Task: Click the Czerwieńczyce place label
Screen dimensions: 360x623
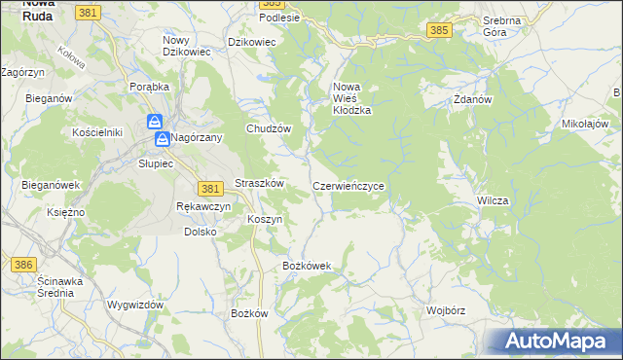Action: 354,185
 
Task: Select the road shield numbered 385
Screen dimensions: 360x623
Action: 438,31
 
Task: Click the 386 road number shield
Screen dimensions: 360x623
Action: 23,264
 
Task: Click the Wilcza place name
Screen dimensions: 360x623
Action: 493,200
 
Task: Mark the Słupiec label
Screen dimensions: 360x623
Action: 156,163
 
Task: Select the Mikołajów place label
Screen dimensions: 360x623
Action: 585,125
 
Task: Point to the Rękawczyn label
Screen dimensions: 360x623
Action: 203,206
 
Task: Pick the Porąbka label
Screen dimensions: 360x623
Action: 150,86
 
